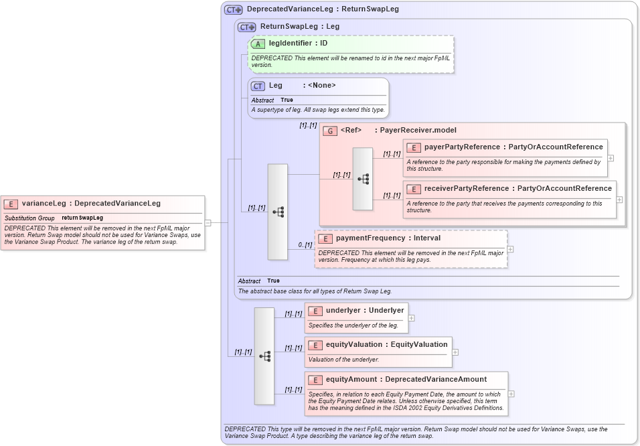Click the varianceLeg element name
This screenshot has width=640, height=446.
44,204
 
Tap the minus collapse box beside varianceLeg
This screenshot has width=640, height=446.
208,223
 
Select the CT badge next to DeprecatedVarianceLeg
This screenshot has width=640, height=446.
233,9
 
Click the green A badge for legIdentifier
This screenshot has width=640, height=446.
258,44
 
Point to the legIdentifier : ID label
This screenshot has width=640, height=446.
298,44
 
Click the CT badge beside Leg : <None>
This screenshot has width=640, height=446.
258,86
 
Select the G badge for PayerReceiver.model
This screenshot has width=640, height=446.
329,131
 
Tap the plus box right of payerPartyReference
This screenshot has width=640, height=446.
611,159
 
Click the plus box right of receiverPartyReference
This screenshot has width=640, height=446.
619,200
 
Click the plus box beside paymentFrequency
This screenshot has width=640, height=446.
511,249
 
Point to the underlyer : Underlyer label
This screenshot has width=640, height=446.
365,311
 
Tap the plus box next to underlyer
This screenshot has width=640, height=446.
411,318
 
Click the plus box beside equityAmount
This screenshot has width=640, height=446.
511,394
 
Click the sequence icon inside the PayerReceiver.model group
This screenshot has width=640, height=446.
363,179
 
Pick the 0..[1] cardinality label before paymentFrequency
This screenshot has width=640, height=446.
305,245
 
